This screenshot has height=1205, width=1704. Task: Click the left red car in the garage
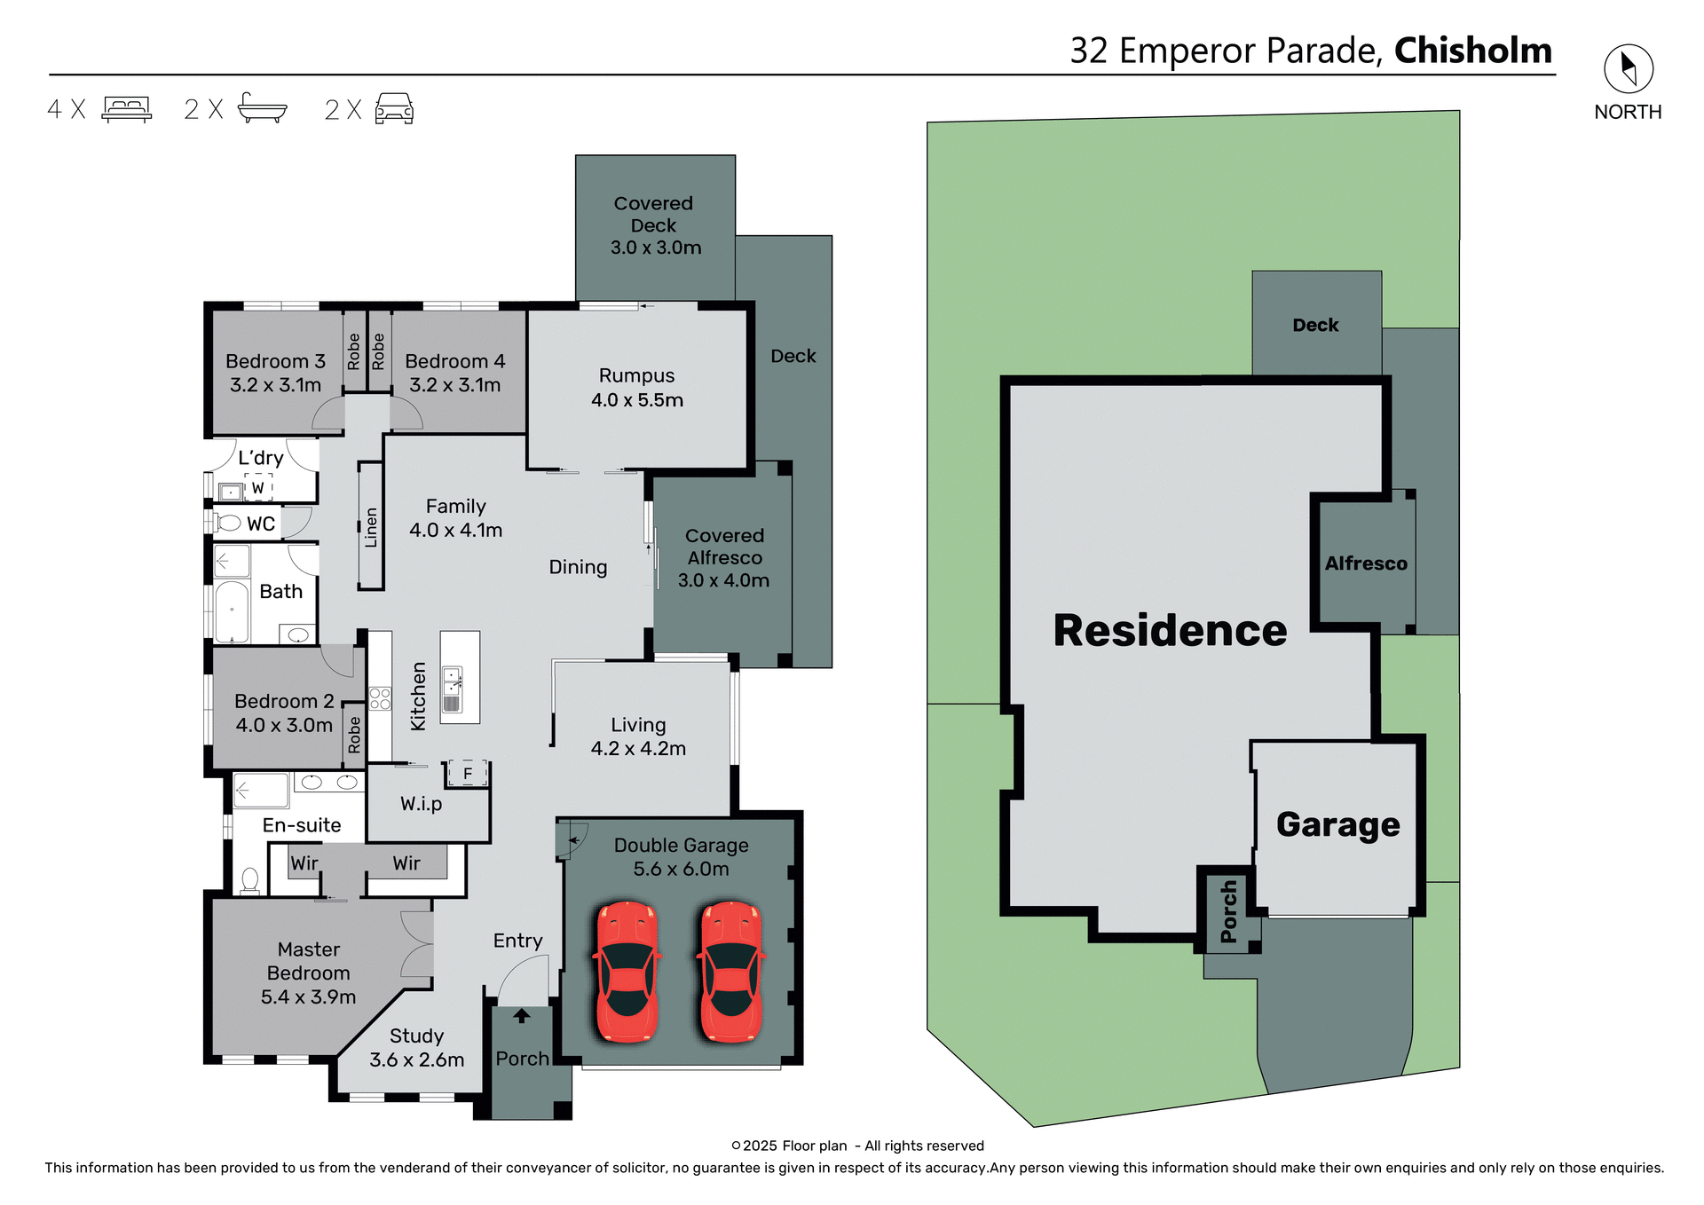coord(627,972)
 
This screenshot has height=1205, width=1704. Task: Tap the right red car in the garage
coord(731,972)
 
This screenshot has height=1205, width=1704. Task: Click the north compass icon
coord(1628,69)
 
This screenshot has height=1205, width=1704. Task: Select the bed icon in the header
coord(127,109)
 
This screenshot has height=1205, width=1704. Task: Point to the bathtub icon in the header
coord(263,108)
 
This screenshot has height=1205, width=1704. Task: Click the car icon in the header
coord(394,109)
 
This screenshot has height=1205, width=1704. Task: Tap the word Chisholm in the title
coord(1472,51)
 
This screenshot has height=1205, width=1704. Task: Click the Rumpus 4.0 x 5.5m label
coord(637,388)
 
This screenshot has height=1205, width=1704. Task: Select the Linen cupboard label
coord(371,526)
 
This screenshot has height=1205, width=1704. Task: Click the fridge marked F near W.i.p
coord(468,773)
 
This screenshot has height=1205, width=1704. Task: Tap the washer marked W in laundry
coord(258,487)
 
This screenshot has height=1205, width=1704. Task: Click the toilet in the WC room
coord(229,523)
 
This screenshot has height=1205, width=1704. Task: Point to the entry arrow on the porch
coord(522,1016)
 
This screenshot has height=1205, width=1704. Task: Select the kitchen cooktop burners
coord(380,698)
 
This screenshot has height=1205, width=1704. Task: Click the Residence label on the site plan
coord(1169,631)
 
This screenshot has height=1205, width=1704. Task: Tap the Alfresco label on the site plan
coord(1365,563)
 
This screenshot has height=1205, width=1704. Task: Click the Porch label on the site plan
coord(1229,911)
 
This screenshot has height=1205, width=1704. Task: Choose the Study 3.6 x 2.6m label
coord(416,1048)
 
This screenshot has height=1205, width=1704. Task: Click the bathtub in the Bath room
coord(233,611)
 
